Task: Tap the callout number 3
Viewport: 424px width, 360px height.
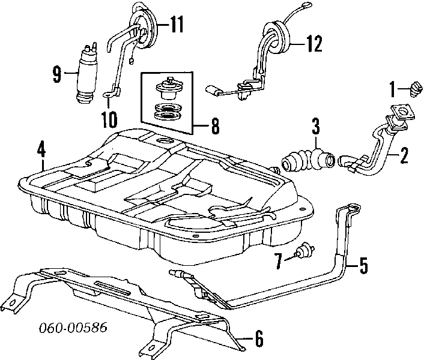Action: pos(315,128)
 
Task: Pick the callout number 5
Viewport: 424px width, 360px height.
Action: pos(363,265)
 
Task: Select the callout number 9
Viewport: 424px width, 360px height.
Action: pos(57,74)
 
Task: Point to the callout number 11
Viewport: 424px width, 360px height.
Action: pos(175,25)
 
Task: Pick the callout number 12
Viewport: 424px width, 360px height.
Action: pos(314,43)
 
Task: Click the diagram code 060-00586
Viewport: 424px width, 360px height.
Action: pos(70,329)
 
